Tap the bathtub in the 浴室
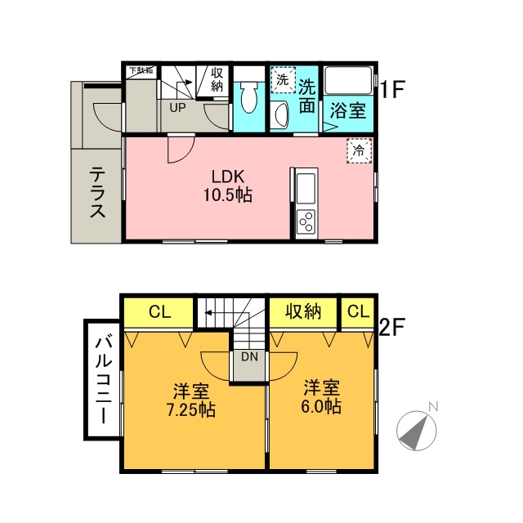tap(348, 81)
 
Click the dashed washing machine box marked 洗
tap(283, 80)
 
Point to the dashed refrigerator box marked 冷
tap(360, 150)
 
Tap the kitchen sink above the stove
tap(306, 189)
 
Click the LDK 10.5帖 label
tap(228, 186)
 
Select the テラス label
tap(97, 193)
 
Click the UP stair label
tap(177, 107)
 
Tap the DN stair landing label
tap(249, 357)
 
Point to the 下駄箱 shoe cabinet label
tap(141, 70)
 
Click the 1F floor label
tap(392, 89)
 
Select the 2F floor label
tap(392, 327)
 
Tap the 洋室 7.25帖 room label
tap(190, 400)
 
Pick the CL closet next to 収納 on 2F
tap(359, 311)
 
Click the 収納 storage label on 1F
tap(217, 79)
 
